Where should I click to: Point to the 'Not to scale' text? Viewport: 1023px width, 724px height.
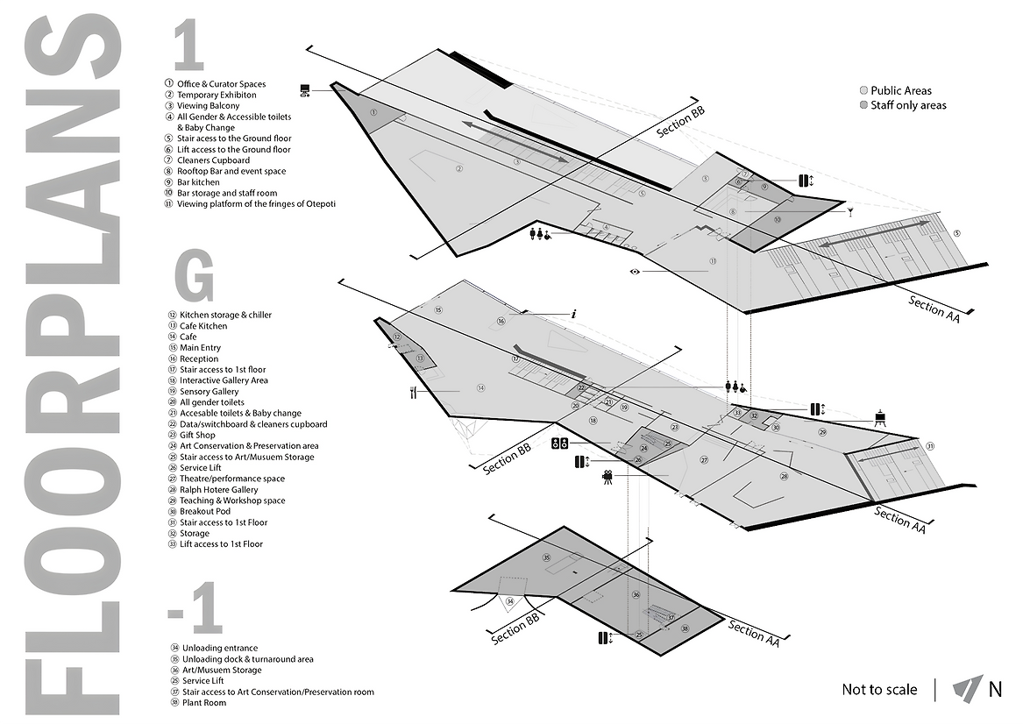click(x=879, y=690)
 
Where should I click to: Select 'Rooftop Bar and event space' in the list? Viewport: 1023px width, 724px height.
click(x=231, y=172)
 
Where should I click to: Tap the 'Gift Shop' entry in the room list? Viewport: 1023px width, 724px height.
click(x=197, y=435)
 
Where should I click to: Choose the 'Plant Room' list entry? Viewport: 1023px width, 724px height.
click(x=203, y=703)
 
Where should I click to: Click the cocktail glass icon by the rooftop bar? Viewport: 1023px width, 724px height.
click(x=849, y=210)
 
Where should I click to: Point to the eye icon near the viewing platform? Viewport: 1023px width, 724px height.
click(x=636, y=272)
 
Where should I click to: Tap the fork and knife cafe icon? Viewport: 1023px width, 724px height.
click(x=411, y=393)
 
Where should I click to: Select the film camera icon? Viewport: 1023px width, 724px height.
click(x=607, y=478)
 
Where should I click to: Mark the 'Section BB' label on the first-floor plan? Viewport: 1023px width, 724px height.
click(x=681, y=123)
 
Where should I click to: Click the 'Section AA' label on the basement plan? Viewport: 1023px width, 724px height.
click(x=753, y=635)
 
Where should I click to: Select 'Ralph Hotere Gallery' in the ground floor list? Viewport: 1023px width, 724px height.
click(x=219, y=490)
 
